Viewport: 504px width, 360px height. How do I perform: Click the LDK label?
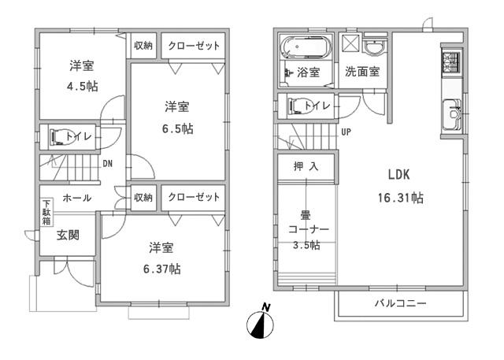398,174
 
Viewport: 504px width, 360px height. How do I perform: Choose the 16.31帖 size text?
399,198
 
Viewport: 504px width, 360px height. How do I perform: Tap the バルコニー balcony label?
400,303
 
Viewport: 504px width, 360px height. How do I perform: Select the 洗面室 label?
362,72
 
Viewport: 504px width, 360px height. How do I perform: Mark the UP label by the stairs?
346,132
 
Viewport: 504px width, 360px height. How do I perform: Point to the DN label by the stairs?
106,164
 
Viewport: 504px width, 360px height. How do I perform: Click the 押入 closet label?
304,167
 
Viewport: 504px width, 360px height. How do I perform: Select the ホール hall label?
76,198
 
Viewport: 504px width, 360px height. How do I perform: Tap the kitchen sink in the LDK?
454,115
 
